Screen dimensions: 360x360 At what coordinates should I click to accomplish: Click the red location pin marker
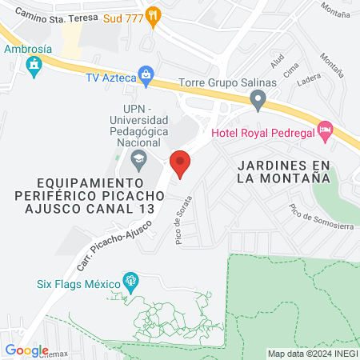181,163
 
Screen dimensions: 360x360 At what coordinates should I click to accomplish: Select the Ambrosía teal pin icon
34,70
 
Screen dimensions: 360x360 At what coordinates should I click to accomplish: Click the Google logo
26,350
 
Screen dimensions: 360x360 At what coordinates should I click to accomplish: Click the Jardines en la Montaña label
284,172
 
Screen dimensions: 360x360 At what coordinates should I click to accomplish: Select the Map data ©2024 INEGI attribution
312,354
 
